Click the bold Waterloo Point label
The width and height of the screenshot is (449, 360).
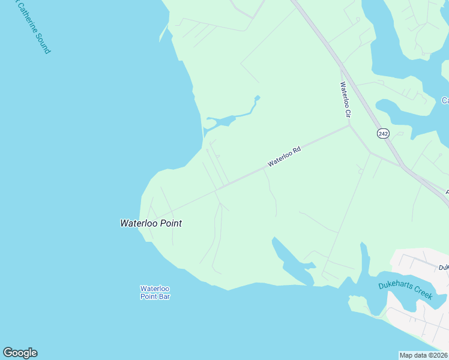[151, 223]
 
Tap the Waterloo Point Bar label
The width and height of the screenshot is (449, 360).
[155, 292]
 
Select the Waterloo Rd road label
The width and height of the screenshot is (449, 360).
[284, 157]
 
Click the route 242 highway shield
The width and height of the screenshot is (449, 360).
[383, 133]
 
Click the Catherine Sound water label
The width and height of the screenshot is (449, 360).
[33, 27]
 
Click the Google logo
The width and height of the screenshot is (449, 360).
[20, 353]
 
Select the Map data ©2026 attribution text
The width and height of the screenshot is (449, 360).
[424, 355]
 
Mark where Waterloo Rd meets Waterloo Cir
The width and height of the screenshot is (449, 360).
[349, 125]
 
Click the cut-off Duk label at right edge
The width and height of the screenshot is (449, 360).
[443, 268]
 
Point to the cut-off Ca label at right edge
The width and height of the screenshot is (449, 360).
[445, 100]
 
